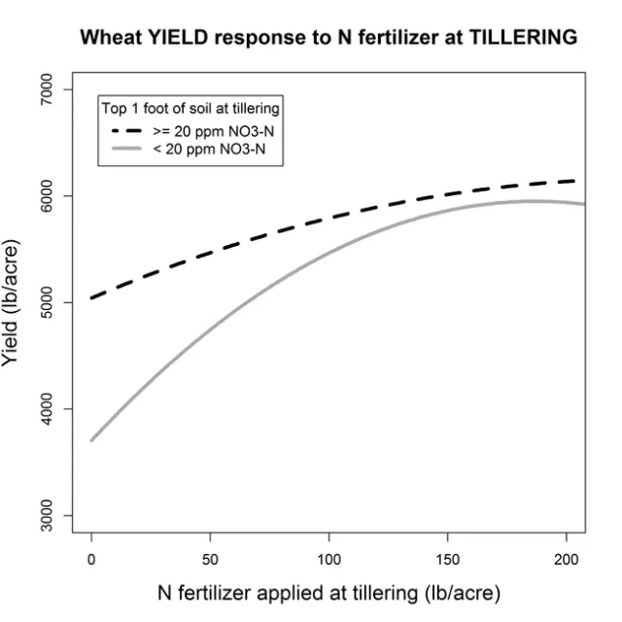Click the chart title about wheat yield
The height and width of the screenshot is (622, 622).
pos(328,38)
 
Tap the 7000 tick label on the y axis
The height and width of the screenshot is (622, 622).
pos(60,89)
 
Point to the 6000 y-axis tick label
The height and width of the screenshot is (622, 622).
pos(60,196)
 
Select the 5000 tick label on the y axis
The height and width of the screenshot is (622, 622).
pos(60,302)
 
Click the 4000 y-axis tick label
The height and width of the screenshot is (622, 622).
pos(60,409)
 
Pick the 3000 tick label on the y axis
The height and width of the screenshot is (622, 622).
pos(60,515)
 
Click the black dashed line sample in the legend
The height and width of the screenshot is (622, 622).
pos(128,130)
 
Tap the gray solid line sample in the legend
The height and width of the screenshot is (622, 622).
pos(128,151)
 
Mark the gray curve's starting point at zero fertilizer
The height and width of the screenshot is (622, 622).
pos(92,440)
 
